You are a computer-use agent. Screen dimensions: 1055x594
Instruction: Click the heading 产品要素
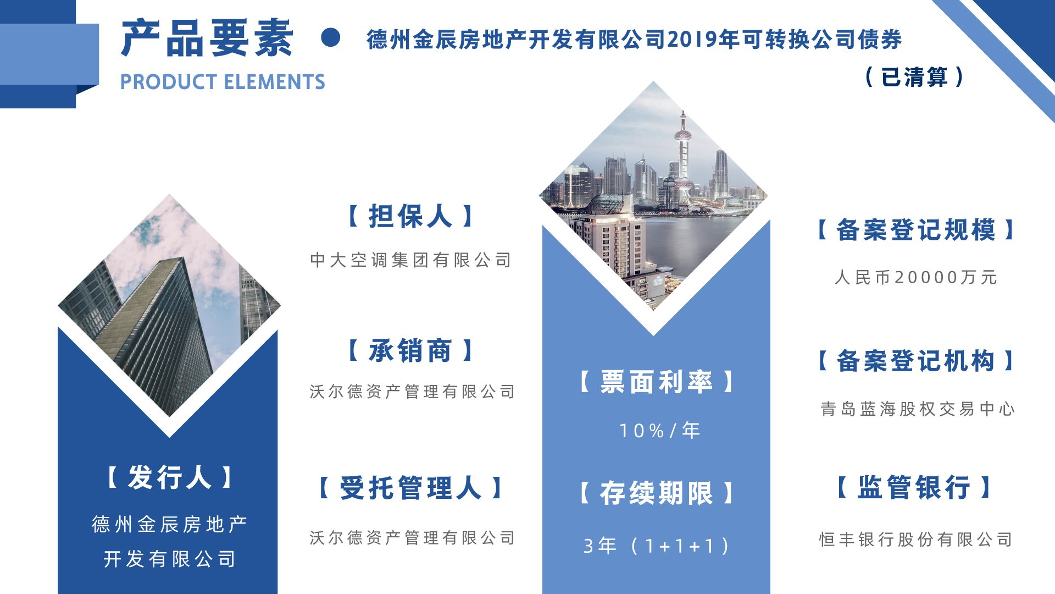[207, 38]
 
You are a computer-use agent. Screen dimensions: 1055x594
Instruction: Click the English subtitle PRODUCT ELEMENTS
[223, 82]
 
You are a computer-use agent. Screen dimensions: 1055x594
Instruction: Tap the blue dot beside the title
[330, 37]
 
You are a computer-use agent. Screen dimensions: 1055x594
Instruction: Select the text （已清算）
[914, 77]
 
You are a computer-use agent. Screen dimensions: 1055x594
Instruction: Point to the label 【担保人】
[410, 216]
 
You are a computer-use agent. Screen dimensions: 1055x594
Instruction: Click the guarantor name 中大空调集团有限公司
[410, 260]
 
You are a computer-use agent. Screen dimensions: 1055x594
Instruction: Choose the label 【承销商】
[410, 350]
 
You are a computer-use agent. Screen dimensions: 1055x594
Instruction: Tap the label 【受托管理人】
[410, 488]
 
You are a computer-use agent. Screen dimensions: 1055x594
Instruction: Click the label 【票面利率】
[657, 382]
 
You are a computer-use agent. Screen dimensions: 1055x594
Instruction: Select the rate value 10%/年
[659, 430]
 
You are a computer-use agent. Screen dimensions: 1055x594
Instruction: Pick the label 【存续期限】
[657, 493]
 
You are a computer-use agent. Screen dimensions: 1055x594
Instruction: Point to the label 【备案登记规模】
[915, 230]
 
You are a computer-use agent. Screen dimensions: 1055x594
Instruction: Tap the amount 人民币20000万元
[915, 277]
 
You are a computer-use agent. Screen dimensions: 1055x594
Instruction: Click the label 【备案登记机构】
[915, 361]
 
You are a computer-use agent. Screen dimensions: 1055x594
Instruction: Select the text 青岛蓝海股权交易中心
[917, 409]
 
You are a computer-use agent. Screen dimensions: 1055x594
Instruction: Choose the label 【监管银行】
[914, 487]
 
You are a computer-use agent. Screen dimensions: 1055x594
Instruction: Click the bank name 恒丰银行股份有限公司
[915, 540]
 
